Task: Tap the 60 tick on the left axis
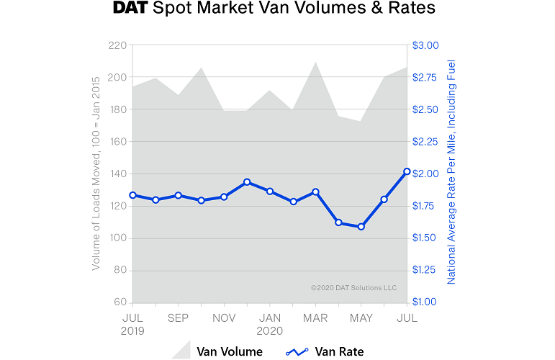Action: coord(119,302)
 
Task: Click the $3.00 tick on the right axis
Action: coord(425,45)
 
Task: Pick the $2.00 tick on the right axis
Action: coord(425,174)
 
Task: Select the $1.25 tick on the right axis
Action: coord(425,270)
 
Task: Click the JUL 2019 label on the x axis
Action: coord(132,323)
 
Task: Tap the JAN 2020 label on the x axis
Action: coord(270,323)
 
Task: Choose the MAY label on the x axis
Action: coord(361,317)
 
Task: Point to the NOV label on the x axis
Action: coord(224,317)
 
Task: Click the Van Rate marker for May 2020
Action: coord(361,227)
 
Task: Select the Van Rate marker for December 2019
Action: coord(247,182)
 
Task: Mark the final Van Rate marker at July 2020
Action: coord(407,171)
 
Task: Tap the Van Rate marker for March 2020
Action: coord(315,192)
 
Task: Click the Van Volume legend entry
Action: coord(219,351)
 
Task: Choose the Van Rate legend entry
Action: coord(325,351)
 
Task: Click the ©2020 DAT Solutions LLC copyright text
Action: coord(353,287)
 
